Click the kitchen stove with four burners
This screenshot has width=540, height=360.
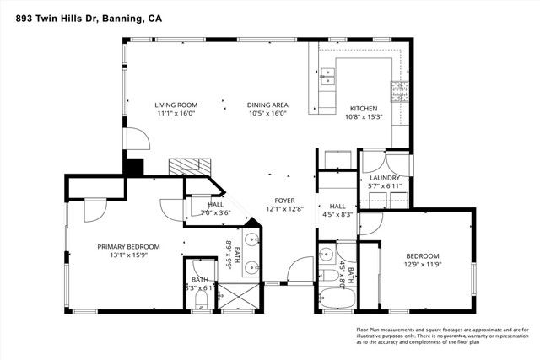click(x=394, y=89)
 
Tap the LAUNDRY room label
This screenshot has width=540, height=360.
click(x=385, y=178)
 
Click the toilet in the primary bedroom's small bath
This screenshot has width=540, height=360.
click(x=199, y=304)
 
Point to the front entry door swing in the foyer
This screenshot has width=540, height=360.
click(x=295, y=271)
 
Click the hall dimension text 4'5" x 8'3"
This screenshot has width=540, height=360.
click(x=337, y=215)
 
